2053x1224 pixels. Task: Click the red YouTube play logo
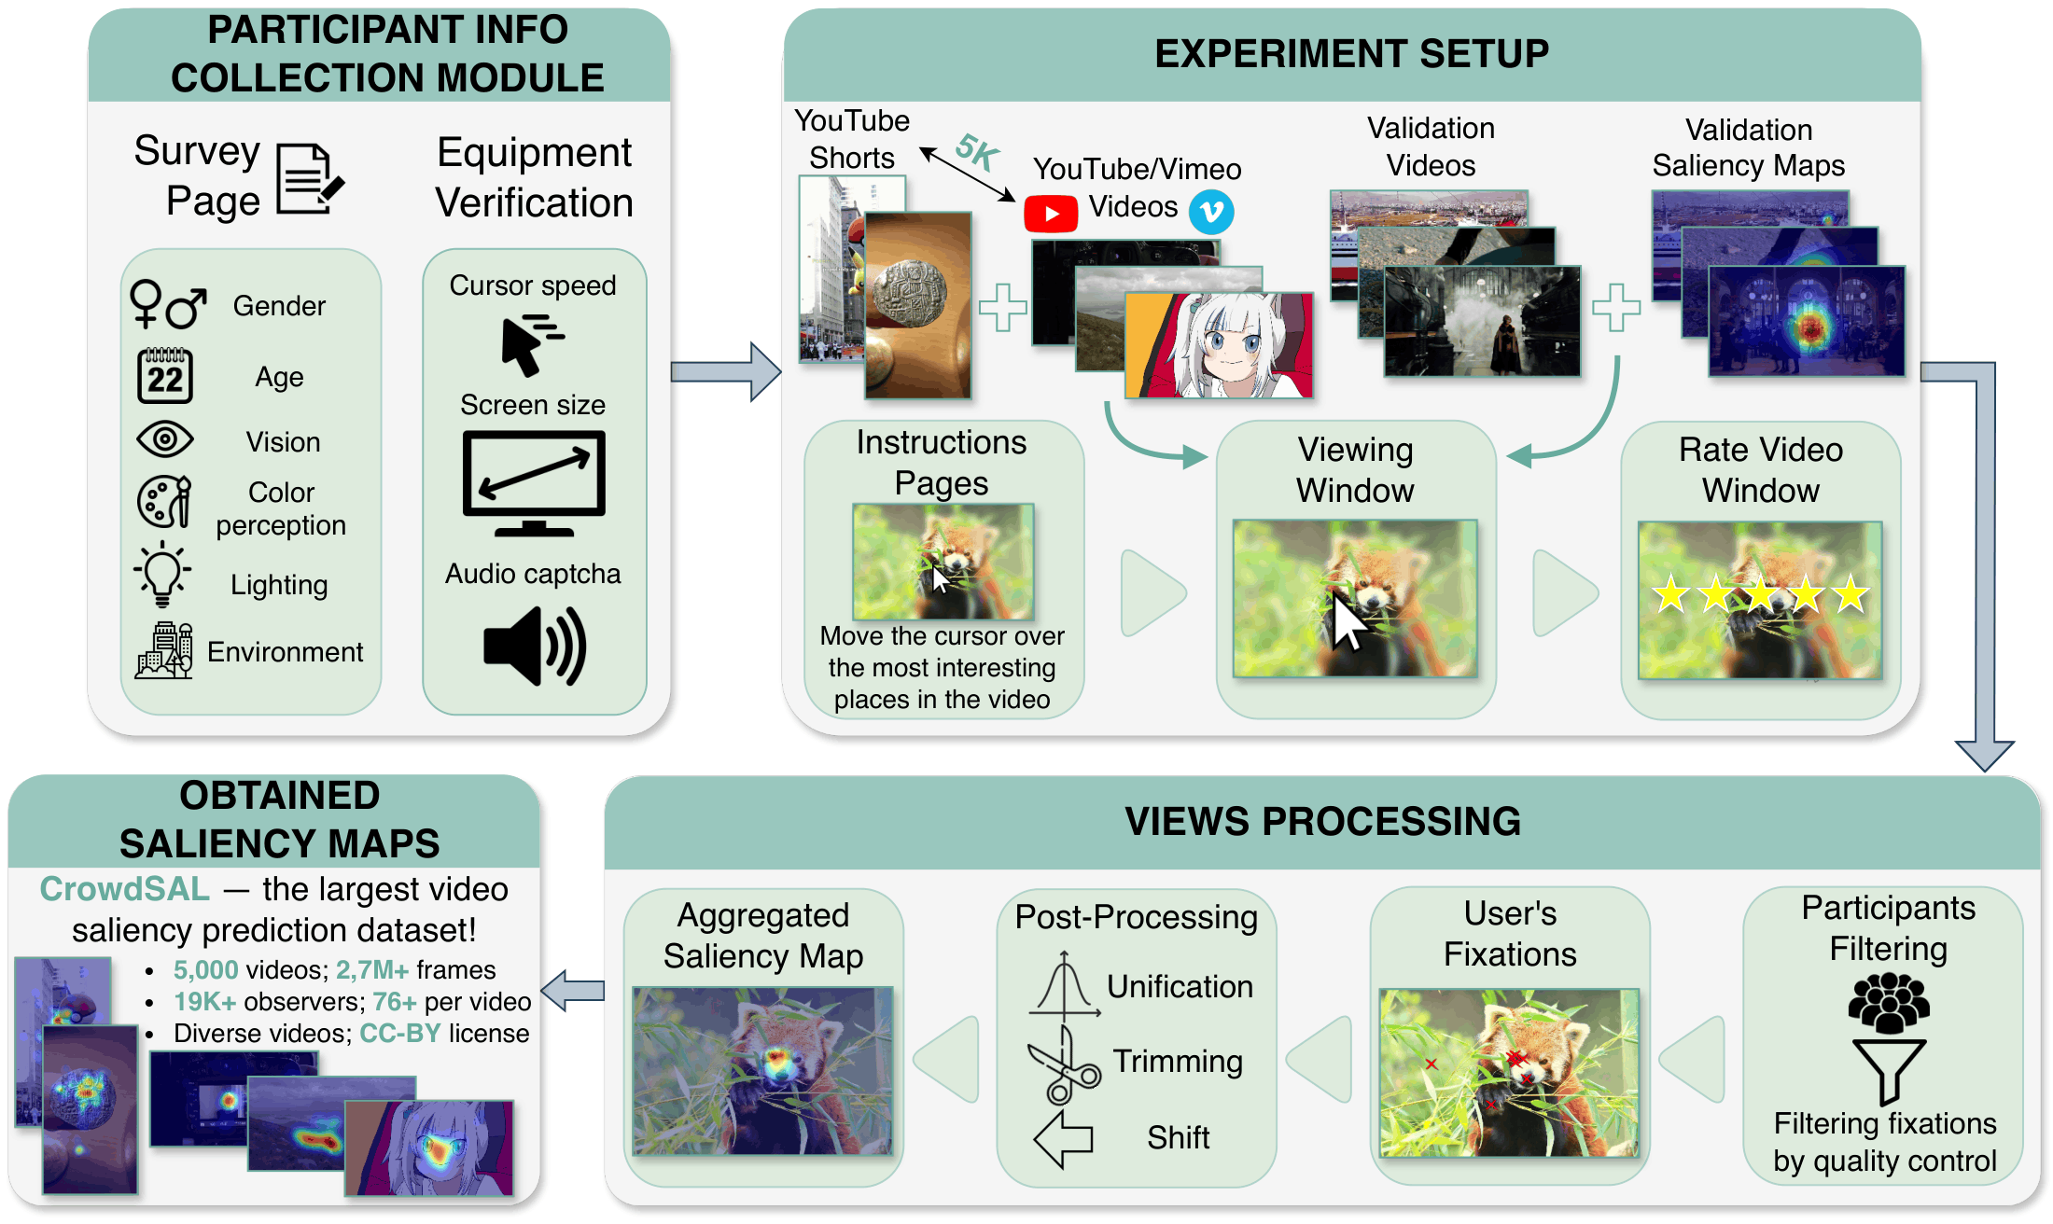point(1051,214)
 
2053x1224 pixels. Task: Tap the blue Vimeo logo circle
point(1211,212)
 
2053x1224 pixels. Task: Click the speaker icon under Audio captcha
point(534,646)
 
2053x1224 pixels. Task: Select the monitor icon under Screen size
point(534,482)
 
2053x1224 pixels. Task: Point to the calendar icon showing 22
point(165,376)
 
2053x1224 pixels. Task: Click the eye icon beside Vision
point(165,439)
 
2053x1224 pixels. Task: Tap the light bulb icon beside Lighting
point(163,573)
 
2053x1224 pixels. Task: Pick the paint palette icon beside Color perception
point(164,501)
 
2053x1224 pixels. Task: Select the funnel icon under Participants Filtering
point(1889,1071)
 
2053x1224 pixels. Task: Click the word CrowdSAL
point(124,889)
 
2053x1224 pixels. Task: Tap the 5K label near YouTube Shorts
point(978,151)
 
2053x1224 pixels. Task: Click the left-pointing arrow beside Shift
point(1064,1139)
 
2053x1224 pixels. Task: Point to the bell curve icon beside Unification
point(1064,985)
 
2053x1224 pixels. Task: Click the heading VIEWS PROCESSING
point(1322,822)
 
